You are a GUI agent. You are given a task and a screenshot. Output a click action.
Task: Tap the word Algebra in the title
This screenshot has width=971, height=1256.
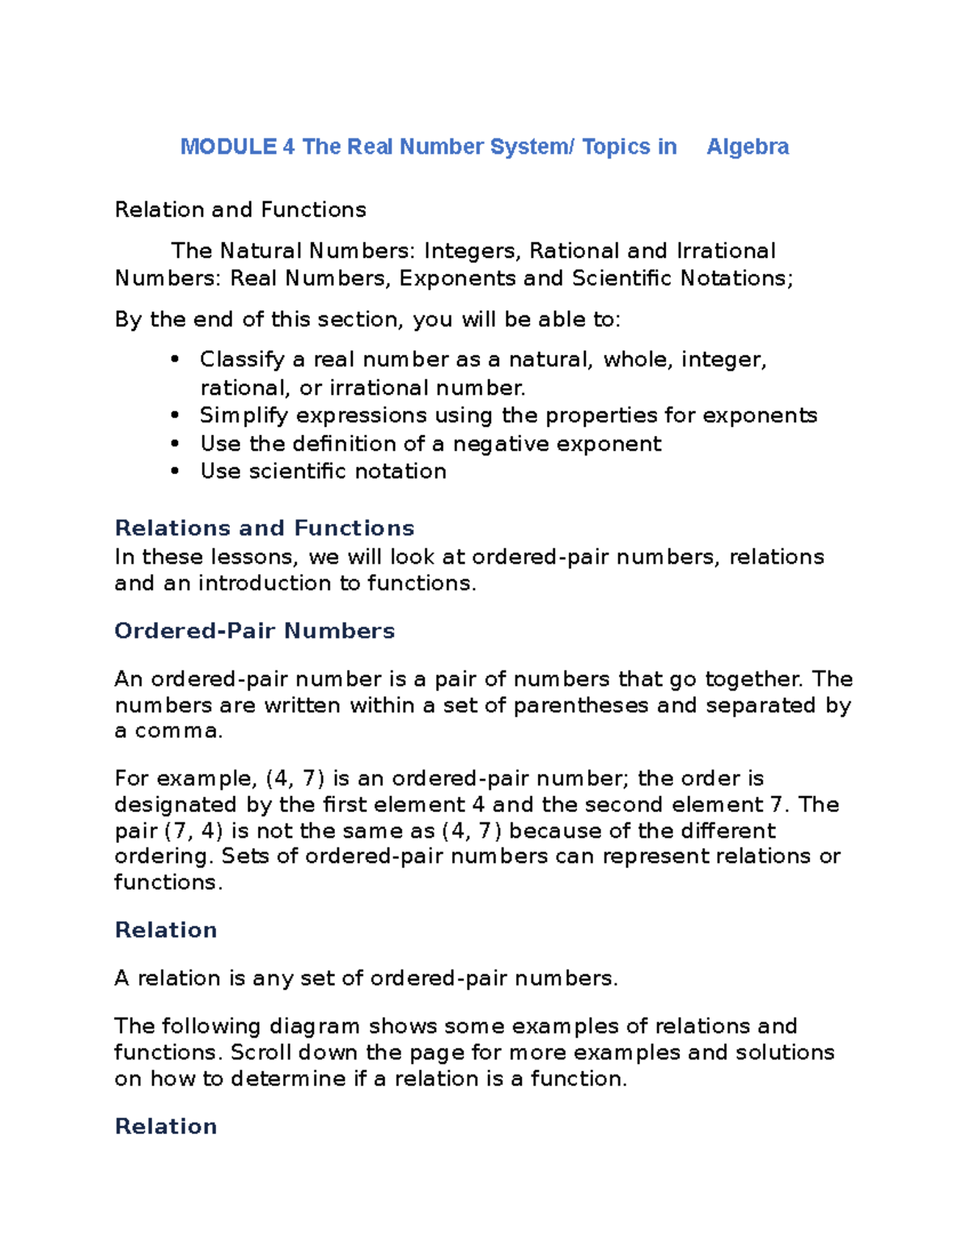click(748, 146)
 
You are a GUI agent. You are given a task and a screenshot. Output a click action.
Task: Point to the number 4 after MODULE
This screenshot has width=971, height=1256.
click(289, 146)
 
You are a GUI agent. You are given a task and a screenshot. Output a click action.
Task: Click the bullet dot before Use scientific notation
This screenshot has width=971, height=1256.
click(175, 472)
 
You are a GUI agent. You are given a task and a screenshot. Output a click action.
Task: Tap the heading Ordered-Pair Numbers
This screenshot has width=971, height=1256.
click(254, 631)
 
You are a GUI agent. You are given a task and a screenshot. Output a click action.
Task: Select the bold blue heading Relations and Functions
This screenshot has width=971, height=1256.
click(265, 528)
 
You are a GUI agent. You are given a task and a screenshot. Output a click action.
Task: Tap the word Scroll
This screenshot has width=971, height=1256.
click(261, 1052)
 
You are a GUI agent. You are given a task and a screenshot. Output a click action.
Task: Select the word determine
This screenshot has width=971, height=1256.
click(288, 1079)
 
